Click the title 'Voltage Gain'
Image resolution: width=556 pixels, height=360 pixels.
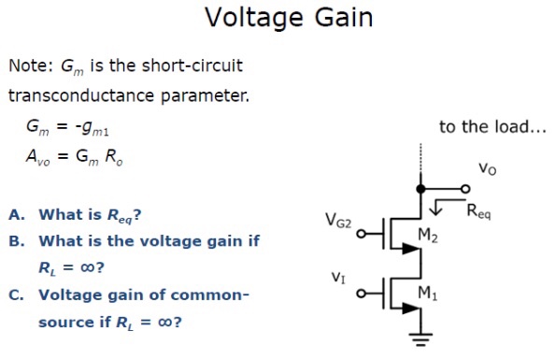click(x=278, y=18)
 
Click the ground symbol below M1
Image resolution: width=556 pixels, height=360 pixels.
click(x=421, y=339)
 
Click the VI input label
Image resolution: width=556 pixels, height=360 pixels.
click(x=338, y=278)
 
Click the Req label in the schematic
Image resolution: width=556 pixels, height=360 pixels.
click(x=478, y=211)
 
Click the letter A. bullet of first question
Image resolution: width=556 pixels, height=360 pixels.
click(x=17, y=214)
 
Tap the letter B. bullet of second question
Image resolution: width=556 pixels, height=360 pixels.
click(x=17, y=241)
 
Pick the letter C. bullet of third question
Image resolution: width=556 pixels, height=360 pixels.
click(x=17, y=295)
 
